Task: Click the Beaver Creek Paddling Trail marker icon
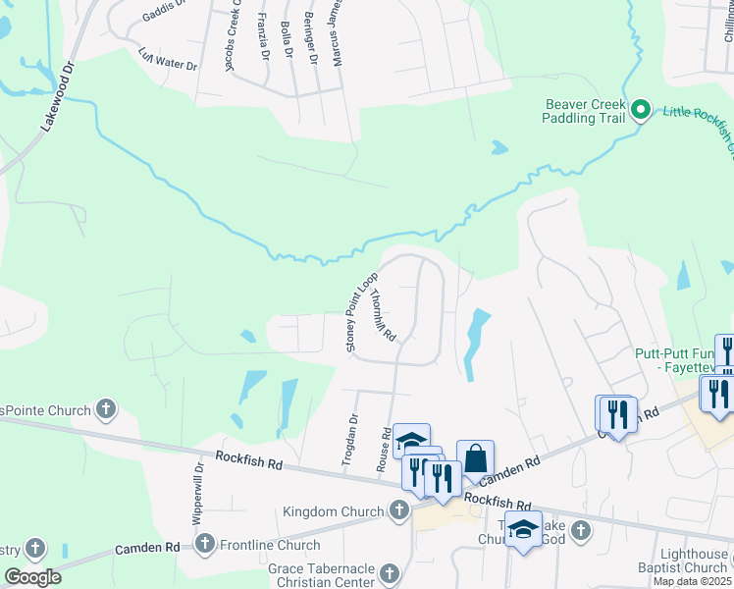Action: point(641,109)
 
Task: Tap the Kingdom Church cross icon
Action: point(398,510)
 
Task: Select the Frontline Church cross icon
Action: point(205,544)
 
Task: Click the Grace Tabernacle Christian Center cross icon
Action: point(390,573)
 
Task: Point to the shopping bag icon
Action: point(475,458)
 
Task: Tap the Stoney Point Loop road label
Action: point(362,311)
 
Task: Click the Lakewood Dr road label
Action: point(58,98)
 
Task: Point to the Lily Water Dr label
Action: point(168,61)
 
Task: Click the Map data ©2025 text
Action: point(693,581)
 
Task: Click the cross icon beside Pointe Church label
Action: point(106,409)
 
